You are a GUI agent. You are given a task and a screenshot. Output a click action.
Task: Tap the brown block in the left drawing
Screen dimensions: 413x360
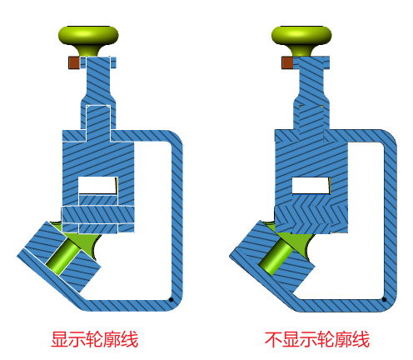pos(74,62)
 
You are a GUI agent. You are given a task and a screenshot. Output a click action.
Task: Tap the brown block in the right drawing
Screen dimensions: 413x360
pos(287,62)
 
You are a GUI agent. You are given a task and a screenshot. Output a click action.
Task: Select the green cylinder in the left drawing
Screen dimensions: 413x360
pos(64,257)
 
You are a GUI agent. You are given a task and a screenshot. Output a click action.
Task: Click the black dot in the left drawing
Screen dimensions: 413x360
pos(172,300)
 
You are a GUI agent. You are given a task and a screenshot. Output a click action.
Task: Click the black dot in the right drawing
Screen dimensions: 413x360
pos(384,299)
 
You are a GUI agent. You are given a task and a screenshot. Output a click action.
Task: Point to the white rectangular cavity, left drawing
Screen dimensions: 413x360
pos(97,185)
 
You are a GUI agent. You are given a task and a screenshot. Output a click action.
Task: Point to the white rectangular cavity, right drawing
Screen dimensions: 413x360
pos(311,185)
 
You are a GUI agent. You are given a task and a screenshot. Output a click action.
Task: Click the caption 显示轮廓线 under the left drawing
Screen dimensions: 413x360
pos(95,339)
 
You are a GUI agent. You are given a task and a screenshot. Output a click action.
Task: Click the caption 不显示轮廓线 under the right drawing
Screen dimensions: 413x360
pos(317,339)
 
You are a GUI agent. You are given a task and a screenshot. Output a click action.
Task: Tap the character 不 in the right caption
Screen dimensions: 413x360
pos(273,339)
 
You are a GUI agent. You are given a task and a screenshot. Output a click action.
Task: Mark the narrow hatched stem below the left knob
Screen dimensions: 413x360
pos(98,77)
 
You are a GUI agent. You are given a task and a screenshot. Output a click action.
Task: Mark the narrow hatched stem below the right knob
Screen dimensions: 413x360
pos(311,77)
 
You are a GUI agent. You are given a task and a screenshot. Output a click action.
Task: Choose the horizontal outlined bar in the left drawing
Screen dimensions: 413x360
pos(98,215)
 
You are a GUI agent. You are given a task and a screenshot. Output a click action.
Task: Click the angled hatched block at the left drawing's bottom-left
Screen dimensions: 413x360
pos(59,257)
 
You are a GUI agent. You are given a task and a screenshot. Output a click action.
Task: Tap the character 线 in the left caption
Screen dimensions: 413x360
pos(130,339)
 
